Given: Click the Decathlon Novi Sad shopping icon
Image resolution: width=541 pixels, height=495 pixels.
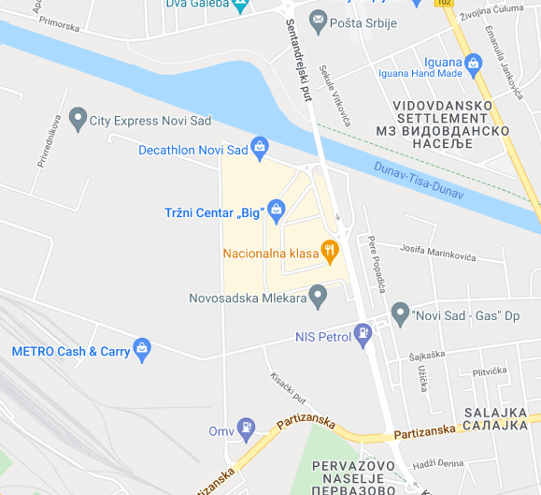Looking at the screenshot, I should tap(260, 147).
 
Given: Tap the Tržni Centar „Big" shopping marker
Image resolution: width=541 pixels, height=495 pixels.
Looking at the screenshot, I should tap(277, 211).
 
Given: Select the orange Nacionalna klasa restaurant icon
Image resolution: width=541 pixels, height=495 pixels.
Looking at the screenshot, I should tap(329, 251).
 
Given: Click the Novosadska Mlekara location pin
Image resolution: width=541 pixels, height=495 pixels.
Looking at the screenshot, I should tap(319, 297).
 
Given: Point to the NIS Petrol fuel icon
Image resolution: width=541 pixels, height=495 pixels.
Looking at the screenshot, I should tap(363, 334).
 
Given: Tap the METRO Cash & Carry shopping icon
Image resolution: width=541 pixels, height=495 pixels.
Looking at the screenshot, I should tap(142, 350).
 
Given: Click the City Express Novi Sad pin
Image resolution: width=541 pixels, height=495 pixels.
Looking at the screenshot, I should tap(77, 119).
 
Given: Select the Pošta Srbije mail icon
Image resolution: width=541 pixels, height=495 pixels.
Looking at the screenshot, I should tap(318, 20).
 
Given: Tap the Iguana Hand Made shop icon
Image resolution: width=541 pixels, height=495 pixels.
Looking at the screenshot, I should tap(474, 63).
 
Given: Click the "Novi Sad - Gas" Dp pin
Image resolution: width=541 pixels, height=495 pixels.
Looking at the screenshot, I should tap(400, 313).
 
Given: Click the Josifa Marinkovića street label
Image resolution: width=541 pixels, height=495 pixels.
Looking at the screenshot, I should tap(438, 253).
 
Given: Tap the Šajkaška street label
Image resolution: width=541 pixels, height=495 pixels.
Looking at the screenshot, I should tap(431, 357).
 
